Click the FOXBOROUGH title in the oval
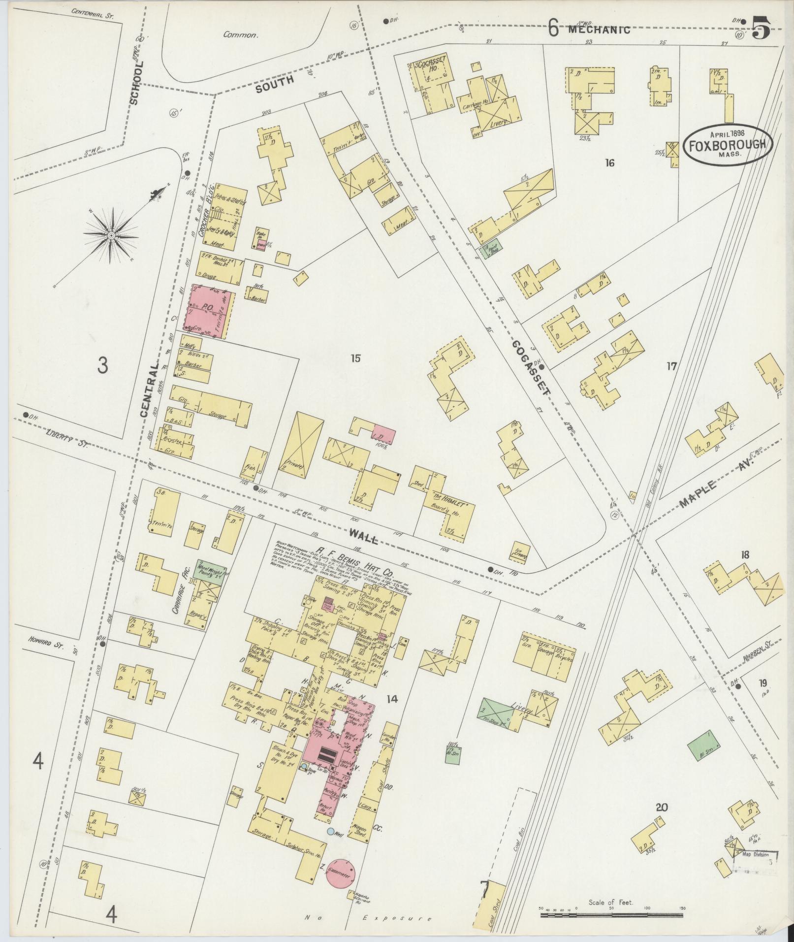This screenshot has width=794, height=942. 727,145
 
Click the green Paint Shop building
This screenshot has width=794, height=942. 490,249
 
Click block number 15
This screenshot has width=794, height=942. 355,358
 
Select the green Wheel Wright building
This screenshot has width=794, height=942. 210,573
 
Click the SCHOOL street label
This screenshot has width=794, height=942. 136,83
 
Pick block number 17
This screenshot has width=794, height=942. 671,366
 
